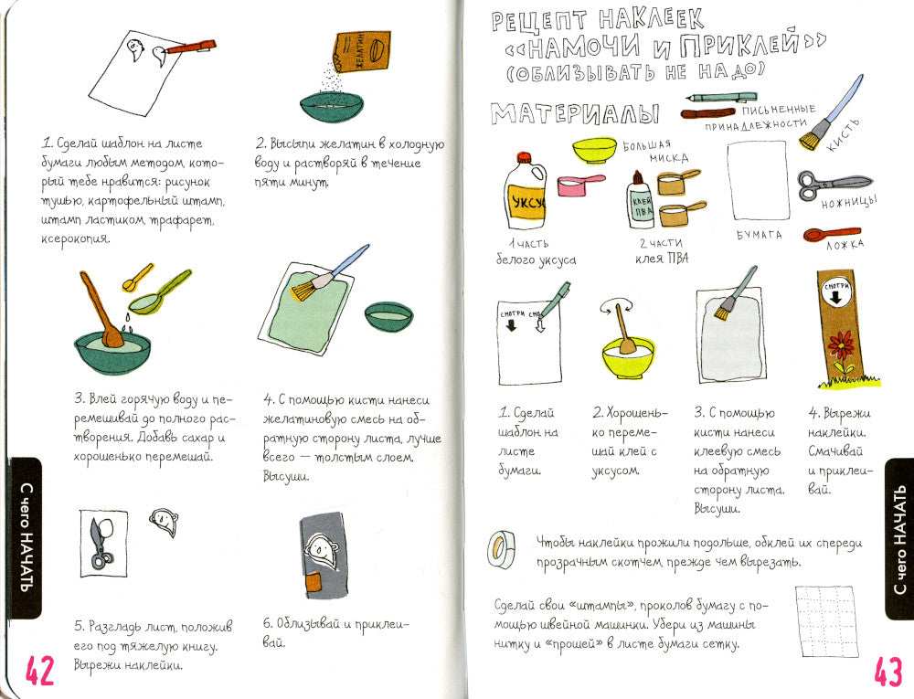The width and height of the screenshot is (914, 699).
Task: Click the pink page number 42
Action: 39,671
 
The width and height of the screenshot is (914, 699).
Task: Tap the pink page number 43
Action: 888,671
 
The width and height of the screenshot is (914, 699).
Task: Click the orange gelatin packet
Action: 361,53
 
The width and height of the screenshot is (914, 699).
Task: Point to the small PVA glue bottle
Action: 641,200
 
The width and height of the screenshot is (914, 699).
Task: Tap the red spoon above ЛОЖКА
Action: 832,234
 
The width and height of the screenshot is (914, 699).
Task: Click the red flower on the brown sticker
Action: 841,345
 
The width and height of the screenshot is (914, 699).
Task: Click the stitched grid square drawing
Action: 826,621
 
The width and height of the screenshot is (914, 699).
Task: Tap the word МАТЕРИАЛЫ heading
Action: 575,113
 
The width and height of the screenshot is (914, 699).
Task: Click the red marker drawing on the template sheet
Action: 191,47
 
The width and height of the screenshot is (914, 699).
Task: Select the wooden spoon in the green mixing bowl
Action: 101,310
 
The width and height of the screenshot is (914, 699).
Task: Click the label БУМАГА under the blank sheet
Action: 759,235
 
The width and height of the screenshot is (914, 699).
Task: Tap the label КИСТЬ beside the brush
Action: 843,135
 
